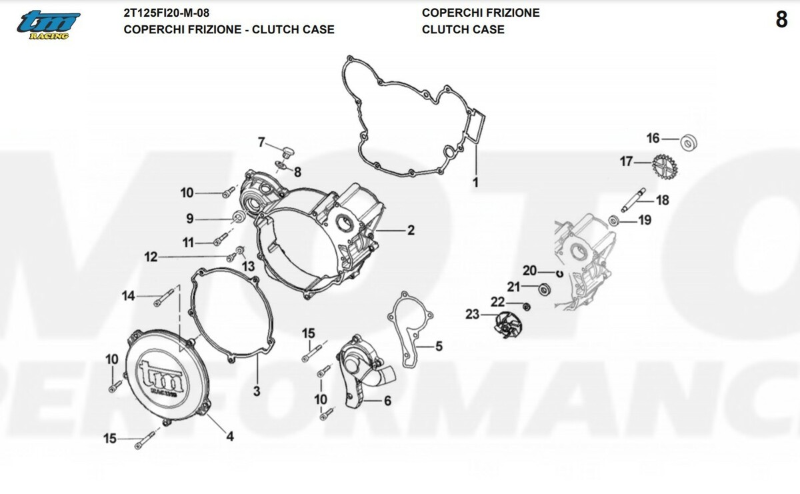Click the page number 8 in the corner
pos(781,21)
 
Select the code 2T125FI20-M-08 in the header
pos(171,13)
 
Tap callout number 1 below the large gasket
pos(476,181)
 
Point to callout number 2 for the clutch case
pos(411,231)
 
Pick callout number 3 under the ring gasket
pos(257,391)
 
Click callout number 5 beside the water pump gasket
pos(439,346)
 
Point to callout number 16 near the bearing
pos(653,139)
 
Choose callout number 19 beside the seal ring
pos(645,221)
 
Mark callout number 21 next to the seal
pos(513,287)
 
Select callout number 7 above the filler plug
pos(262,142)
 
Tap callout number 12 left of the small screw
pos(151,257)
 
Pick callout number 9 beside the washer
pos(189,218)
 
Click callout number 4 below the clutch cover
pos(230,437)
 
